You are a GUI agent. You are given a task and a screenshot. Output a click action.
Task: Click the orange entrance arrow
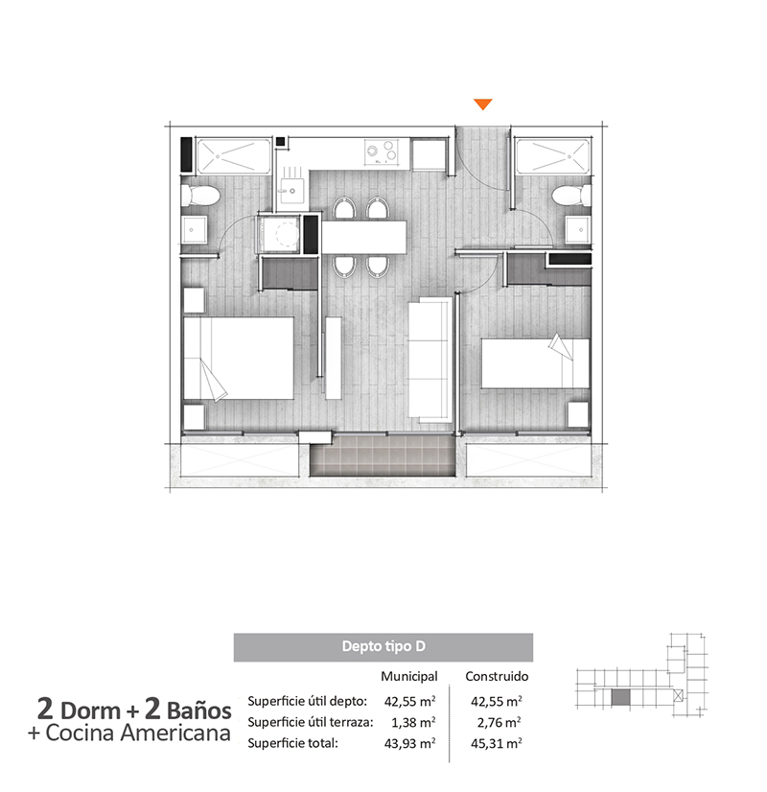[x=482, y=105]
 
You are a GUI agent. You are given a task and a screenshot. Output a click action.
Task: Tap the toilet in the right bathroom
[x=571, y=195]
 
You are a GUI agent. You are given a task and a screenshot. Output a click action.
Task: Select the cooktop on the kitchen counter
[x=382, y=152]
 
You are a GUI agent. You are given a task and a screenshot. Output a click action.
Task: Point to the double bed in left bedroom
[x=239, y=358]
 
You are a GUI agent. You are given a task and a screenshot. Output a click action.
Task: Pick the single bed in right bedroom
[x=535, y=363]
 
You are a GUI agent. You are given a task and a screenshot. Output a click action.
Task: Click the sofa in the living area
[x=430, y=360]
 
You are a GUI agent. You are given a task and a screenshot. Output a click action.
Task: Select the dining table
[x=364, y=237]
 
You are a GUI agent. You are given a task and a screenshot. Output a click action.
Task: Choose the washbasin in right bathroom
[x=578, y=230]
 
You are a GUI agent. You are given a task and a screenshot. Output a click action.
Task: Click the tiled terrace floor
[x=383, y=455]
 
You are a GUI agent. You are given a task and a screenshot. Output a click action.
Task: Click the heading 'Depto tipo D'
[x=383, y=646]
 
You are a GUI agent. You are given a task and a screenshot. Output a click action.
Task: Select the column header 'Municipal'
[x=409, y=676]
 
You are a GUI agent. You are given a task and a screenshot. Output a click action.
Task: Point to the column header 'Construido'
[x=497, y=676]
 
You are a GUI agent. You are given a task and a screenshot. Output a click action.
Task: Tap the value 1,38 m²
[x=413, y=722]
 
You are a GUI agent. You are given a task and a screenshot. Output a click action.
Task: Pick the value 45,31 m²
[x=497, y=743]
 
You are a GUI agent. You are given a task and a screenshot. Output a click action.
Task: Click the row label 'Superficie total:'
[x=292, y=743]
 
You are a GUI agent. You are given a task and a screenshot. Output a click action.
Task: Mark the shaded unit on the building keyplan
[x=620, y=697]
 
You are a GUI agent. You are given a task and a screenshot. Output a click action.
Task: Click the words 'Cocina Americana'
[x=138, y=733]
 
